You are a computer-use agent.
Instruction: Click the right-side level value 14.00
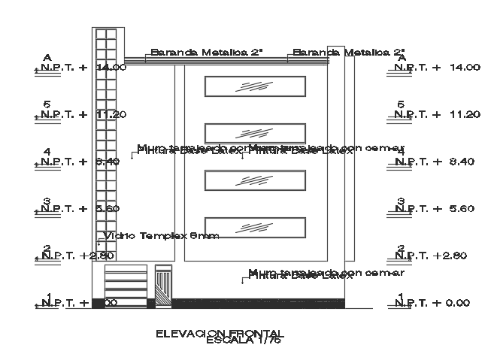(x=464, y=68)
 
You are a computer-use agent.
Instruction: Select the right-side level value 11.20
(x=464, y=114)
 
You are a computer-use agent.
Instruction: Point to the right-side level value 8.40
(x=461, y=161)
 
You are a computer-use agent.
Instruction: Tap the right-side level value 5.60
(x=461, y=208)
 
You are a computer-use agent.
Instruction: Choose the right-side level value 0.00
(x=461, y=303)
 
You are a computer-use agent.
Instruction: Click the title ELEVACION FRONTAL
(x=219, y=333)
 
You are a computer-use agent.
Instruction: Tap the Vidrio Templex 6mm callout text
(x=161, y=236)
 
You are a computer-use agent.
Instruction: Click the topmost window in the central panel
(x=256, y=86)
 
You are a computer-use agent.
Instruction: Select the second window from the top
(x=256, y=133)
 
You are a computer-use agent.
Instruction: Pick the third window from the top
(x=256, y=181)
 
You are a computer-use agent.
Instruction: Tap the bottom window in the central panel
(x=256, y=228)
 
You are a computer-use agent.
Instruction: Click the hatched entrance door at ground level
(x=163, y=288)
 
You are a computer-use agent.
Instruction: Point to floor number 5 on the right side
(x=401, y=105)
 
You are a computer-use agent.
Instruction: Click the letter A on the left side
(x=47, y=57)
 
